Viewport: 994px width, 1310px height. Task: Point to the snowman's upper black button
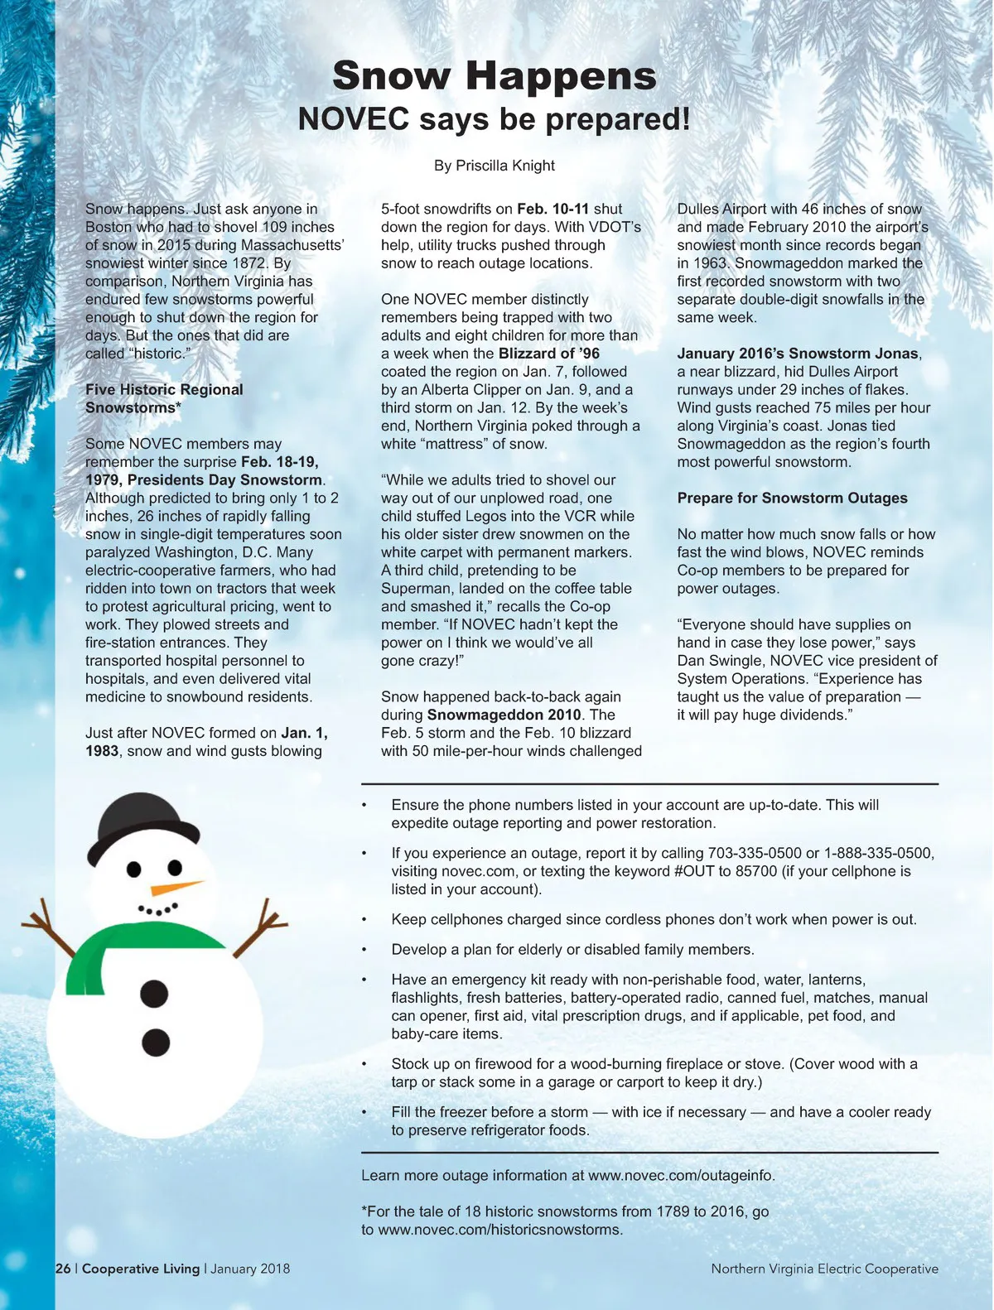point(155,993)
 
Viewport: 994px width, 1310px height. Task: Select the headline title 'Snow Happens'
point(495,76)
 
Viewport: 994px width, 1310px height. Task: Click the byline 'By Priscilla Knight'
point(495,166)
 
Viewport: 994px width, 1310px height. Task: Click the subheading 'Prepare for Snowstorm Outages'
point(792,498)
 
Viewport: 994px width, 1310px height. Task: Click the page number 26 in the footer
point(63,1269)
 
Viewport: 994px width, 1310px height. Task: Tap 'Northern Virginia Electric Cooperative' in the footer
point(824,1269)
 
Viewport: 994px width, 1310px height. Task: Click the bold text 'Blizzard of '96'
point(549,354)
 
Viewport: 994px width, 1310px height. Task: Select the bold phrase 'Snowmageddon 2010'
point(504,715)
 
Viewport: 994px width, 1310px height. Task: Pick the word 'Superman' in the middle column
point(413,589)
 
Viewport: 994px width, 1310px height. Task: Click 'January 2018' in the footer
point(250,1269)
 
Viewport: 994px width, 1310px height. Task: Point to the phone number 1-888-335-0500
point(878,853)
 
